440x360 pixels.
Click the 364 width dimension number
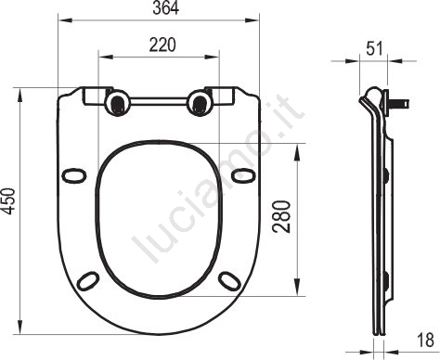165,7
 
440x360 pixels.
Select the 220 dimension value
162,45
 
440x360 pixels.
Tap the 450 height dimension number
8,201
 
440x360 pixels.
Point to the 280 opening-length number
281,216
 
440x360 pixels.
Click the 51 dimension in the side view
375,48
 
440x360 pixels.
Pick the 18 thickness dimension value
425,341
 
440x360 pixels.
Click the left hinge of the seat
118,103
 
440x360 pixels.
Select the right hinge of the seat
200,103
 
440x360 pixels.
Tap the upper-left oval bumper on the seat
73,175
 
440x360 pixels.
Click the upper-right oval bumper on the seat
244,175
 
